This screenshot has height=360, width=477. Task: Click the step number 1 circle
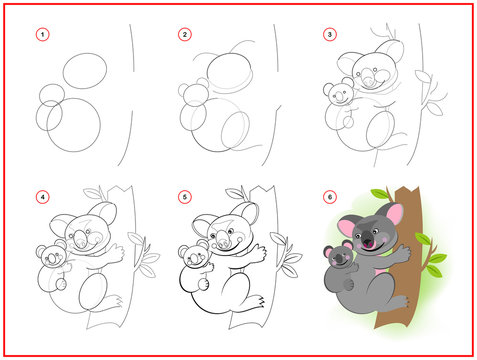(41, 35)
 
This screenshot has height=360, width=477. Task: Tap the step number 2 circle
(184, 35)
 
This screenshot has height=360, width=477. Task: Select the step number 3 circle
(329, 35)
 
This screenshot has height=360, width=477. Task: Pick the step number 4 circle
(41, 196)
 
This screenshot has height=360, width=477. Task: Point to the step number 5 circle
(184, 196)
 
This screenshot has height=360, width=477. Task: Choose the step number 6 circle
(329, 196)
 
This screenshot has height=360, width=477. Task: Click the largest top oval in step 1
(84, 73)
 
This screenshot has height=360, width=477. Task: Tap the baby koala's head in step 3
(338, 96)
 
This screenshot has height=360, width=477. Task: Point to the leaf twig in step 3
(434, 85)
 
